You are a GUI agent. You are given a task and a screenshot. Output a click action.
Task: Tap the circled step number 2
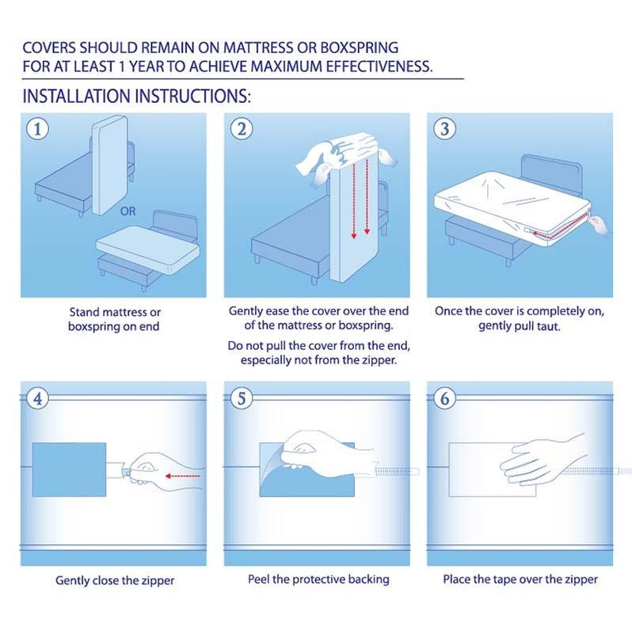240,128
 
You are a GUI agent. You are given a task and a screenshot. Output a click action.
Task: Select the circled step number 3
444,128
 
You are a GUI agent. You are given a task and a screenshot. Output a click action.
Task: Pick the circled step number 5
240,398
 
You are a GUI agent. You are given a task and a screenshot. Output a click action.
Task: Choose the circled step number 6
444,398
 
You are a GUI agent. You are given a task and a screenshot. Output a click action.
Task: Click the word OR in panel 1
128,211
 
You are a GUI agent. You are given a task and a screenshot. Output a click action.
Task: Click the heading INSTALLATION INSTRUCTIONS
136,97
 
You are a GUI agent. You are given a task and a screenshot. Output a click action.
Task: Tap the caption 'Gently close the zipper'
115,581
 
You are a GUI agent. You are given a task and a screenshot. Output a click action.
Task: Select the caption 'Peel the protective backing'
319,579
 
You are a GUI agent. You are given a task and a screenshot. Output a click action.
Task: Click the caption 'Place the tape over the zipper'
520,579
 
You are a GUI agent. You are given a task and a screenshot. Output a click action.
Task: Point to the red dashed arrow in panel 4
182,477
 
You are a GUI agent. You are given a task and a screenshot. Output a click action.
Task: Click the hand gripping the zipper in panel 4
150,469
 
